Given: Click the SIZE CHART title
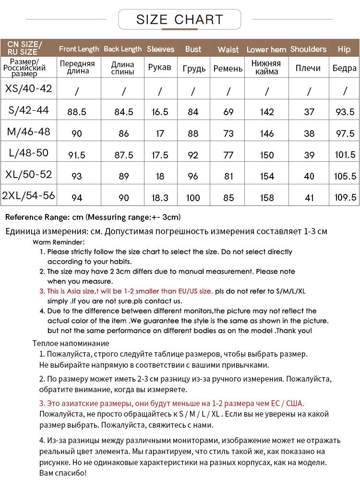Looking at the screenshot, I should [180, 20].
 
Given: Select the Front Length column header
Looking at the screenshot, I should [79, 49].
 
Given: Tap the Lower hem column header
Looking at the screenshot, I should [266, 49].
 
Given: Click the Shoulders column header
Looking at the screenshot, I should [308, 49].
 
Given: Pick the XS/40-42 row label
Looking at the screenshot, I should [28, 88].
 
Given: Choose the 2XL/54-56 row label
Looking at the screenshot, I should [28, 195].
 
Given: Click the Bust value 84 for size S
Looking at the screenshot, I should [193, 112].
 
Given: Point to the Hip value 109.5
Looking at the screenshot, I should [345, 197].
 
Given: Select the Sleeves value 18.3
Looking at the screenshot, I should [160, 197].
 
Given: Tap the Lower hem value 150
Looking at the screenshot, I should [266, 155].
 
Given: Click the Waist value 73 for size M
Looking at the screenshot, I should [228, 133].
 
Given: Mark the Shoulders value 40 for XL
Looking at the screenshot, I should [309, 176].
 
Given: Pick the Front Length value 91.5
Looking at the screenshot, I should [77, 155].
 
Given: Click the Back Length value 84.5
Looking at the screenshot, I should [124, 112].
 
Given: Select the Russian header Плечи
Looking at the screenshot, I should [308, 68].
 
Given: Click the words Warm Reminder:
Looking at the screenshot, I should [59, 242].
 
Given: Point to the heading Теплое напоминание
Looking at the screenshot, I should [71, 343].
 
